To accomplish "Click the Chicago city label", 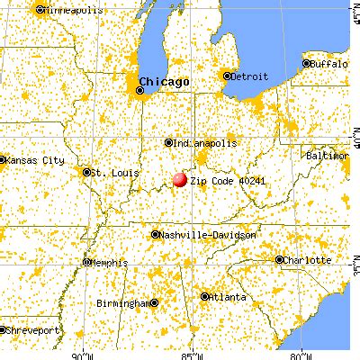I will (168, 81).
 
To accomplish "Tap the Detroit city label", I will (249, 76).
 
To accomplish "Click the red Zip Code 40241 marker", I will (180, 179).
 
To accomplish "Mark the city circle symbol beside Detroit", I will (228, 76).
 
